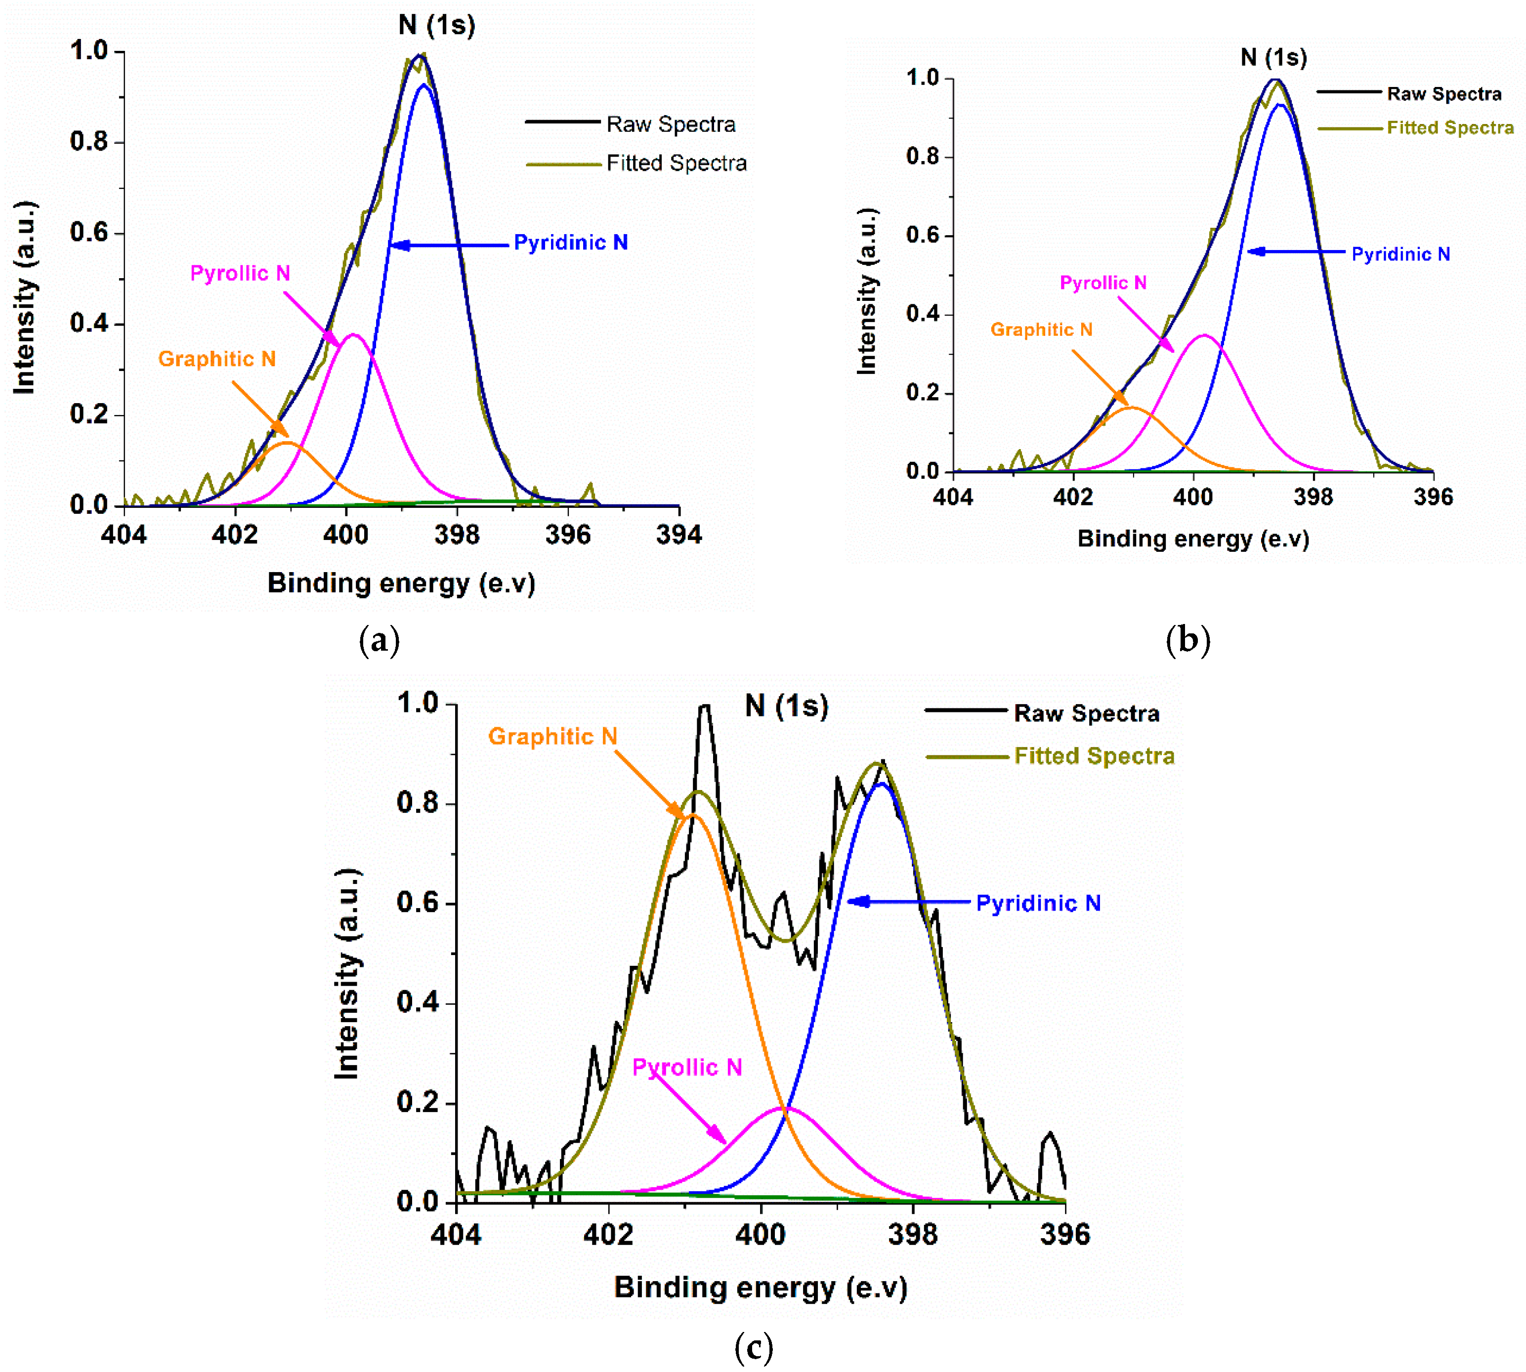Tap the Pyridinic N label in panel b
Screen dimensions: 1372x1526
(x=1400, y=254)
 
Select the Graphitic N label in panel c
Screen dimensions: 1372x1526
(x=552, y=737)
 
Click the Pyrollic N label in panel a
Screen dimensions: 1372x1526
(x=240, y=273)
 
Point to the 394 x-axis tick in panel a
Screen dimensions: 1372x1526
(x=678, y=535)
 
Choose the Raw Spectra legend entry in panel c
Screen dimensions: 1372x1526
(x=1086, y=713)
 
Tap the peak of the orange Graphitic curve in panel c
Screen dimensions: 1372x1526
(x=694, y=816)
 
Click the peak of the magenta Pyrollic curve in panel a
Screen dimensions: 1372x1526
(x=353, y=334)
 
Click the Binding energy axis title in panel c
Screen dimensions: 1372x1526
(x=760, y=1287)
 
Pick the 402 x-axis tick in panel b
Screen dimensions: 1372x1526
(x=1072, y=497)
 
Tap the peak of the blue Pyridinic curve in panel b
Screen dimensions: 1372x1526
(x=1279, y=105)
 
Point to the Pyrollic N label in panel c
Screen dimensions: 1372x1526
(x=687, y=1068)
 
